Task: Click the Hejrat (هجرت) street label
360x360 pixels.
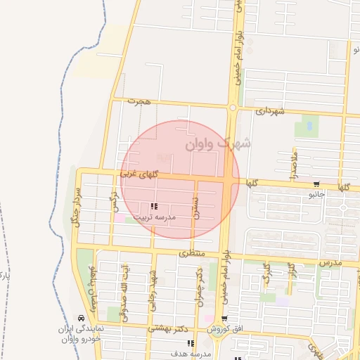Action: [x=139, y=102]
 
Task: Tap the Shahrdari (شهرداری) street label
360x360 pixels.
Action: [x=270, y=111]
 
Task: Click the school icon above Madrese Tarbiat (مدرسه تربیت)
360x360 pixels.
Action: [x=154, y=206]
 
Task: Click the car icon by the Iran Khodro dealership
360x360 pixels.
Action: [x=82, y=318]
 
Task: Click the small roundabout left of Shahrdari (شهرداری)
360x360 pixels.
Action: [x=232, y=108]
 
